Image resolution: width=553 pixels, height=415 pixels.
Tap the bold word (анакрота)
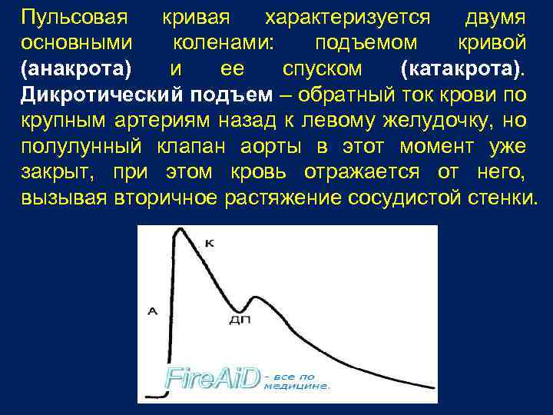pos(77,68)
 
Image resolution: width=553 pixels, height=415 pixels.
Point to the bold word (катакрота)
pos(462,68)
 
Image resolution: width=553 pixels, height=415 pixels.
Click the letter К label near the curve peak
pos(210,244)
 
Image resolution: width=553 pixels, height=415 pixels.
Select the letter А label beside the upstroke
pos(151,311)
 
